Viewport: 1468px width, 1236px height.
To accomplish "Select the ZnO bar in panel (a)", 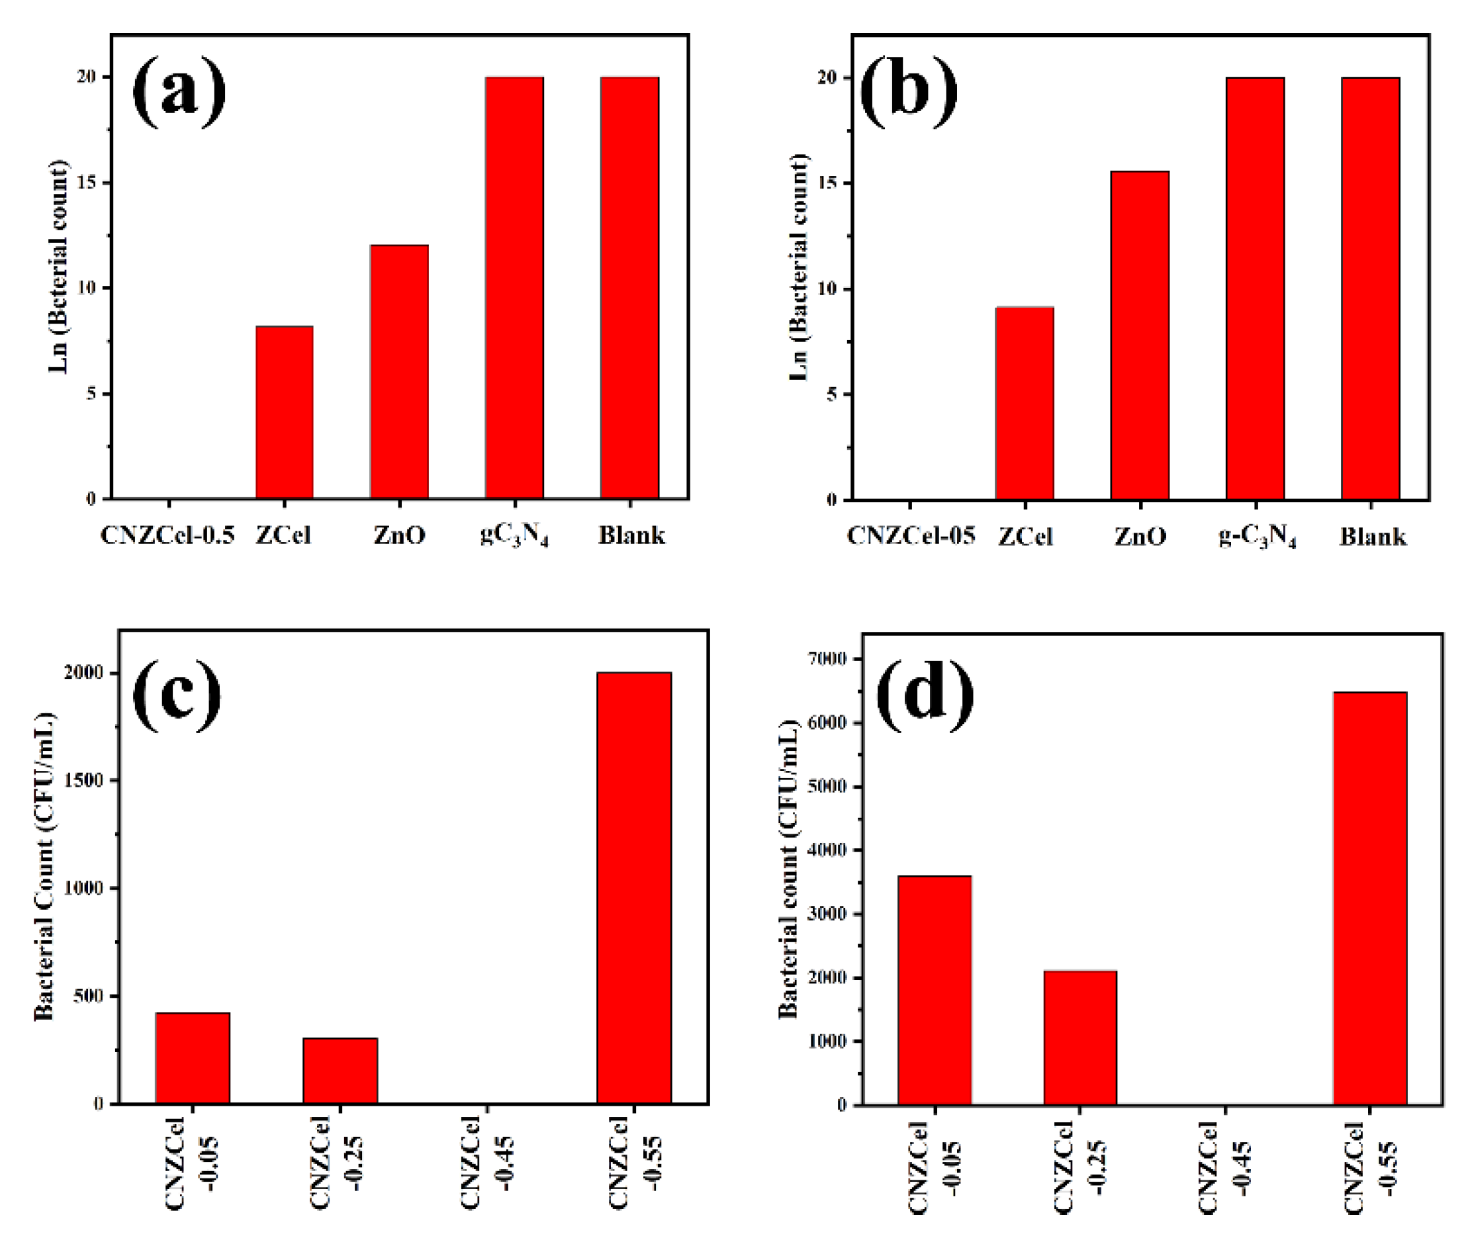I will coord(399,371).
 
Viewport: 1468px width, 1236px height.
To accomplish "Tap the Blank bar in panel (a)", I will coord(629,287).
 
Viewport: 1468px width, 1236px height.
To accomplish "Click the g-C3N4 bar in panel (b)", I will coord(1254,287).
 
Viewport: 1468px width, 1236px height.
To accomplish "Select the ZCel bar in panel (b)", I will coord(1025,403).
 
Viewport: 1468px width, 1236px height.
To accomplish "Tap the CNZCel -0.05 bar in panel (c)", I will coord(193,1058).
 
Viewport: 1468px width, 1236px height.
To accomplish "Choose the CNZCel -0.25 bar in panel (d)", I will coord(1079,1037).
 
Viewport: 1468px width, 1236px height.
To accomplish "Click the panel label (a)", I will coord(179,91).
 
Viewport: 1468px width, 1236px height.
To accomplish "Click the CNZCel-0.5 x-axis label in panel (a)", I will coord(167,535).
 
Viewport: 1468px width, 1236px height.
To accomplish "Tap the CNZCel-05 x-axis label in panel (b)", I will coord(910,536).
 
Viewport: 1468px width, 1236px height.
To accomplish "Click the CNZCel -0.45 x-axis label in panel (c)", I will coord(488,1163).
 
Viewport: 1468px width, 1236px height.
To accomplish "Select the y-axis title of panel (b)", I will coord(798,266).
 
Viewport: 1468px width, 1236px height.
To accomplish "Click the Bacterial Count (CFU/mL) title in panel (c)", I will coord(44,865).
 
